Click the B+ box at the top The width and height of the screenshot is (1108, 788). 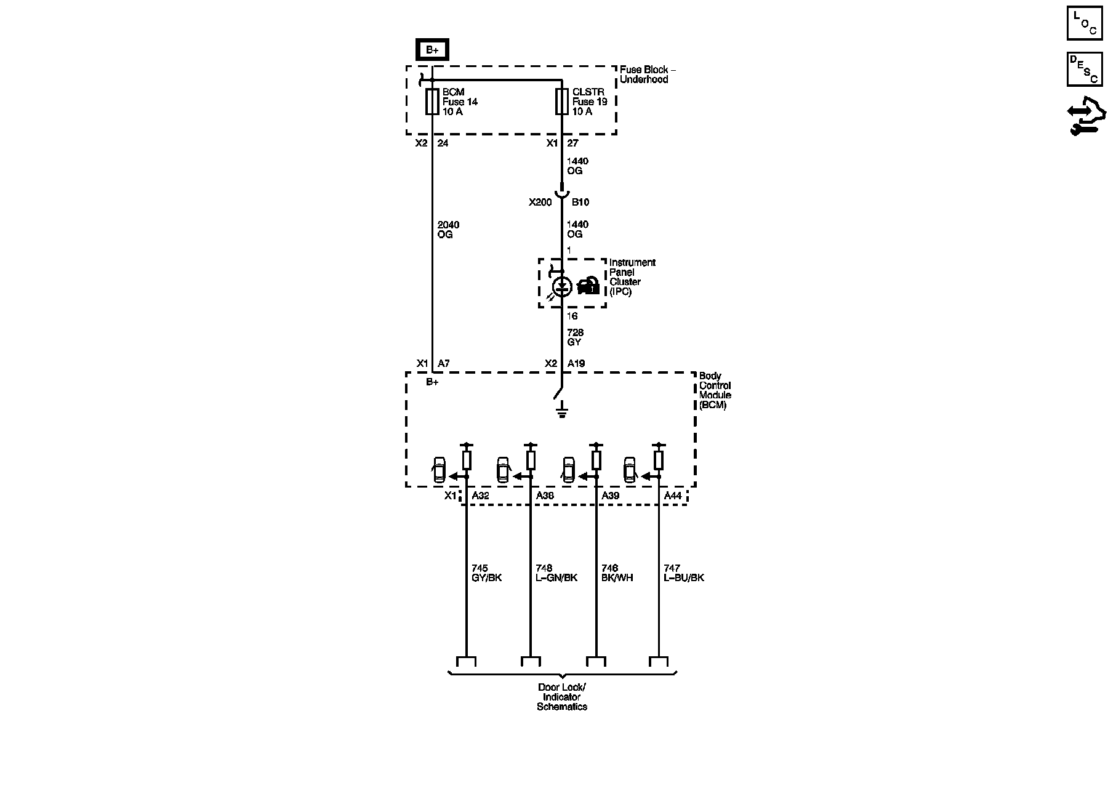point(432,50)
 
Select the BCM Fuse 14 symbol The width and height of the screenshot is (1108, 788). point(432,102)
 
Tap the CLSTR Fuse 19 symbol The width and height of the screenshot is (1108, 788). point(561,102)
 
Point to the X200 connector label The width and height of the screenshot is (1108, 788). point(540,202)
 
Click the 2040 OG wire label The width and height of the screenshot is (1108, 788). point(448,230)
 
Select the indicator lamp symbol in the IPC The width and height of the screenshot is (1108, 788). point(562,286)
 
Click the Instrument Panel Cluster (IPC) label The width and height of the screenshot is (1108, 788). point(632,277)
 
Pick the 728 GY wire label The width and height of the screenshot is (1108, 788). point(575,337)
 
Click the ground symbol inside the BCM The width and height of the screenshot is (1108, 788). point(561,411)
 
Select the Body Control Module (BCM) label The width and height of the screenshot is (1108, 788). point(715,390)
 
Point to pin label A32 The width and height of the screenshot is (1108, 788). point(480,496)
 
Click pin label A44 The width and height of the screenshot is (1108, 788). point(672,496)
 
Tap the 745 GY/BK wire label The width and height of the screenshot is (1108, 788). point(486,573)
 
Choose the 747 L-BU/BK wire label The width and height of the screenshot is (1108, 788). point(683,573)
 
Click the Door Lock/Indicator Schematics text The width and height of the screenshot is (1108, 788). point(562,697)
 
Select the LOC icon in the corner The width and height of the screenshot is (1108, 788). point(1085,23)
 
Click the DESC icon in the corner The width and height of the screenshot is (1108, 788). point(1084,69)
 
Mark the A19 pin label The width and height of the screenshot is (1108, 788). point(576,364)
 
